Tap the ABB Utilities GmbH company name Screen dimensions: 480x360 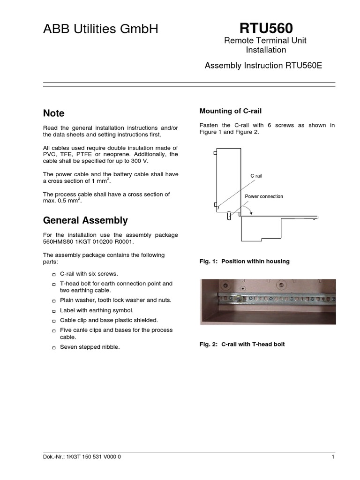[x=101, y=29]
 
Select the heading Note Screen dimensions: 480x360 [x=53, y=113]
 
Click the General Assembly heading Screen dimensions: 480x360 [x=85, y=220]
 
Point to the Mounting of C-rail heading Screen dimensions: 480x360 [x=230, y=111]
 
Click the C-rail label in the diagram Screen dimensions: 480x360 [x=256, y=176]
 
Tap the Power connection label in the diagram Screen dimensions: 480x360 [x=264, y=196]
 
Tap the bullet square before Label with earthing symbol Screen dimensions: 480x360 [x=54, y=311]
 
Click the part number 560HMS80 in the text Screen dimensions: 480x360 [x=58, y=242]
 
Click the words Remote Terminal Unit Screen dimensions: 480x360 [x=266, y=41]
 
